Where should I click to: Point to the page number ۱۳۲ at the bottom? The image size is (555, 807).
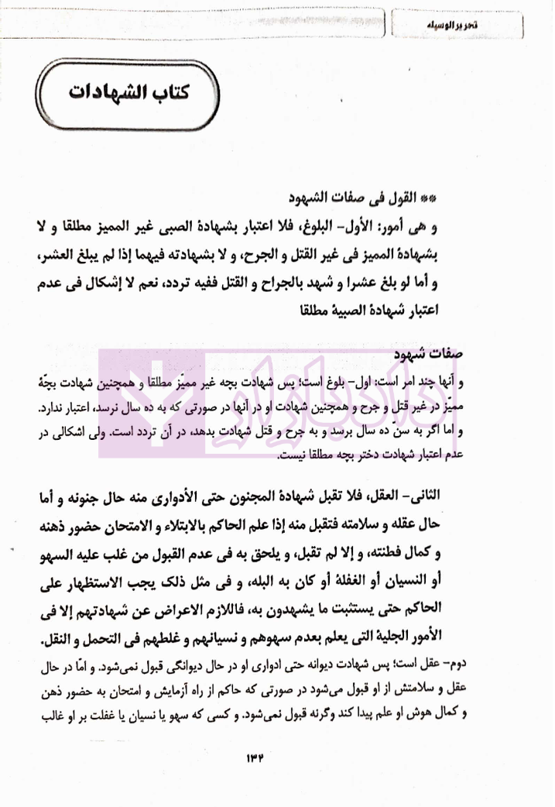276,759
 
